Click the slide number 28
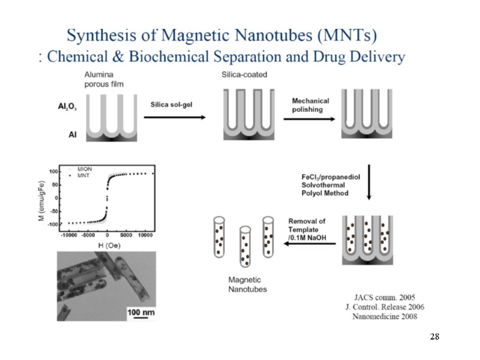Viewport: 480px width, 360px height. pyautogui.click(x=435, y=337)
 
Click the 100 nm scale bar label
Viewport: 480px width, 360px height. pyautogui.click(x=140, y=312)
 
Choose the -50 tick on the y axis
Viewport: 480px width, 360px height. pyautogui.click(x=53, y=211)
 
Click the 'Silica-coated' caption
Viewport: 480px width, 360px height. pyautogui.click(x=245, y=75)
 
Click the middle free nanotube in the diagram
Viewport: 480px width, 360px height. pyautogui.click(x=245, y=246)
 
